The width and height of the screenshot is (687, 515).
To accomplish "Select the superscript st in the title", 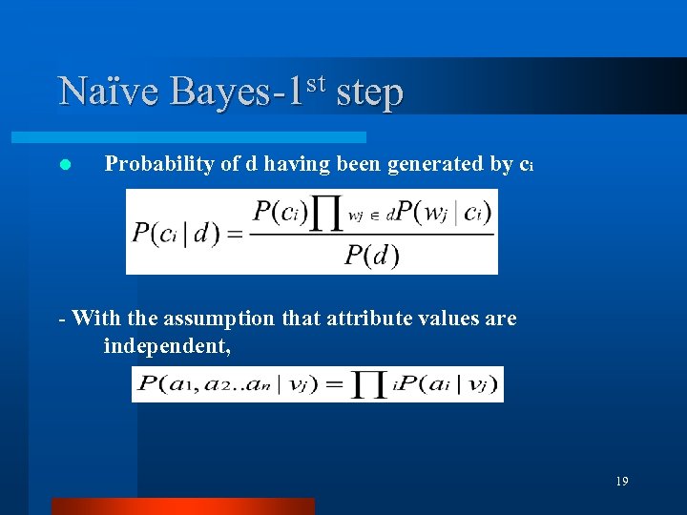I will (317, 83).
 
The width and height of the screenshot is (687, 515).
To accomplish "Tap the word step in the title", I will (369, 93).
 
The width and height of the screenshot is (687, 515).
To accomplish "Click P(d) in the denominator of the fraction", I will (371, 255).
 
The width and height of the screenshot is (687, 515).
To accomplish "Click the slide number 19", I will (621, 482).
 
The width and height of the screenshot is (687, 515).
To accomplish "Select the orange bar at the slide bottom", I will (182, 506).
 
